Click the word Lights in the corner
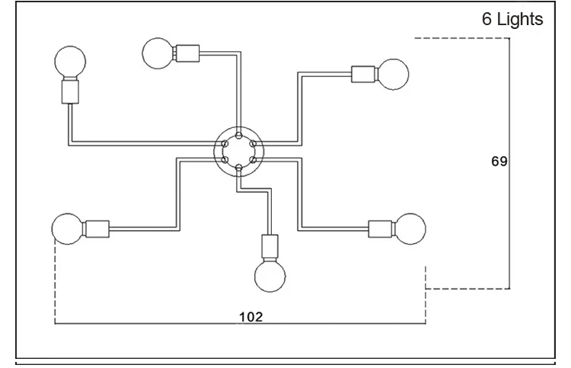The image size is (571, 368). (520, 19)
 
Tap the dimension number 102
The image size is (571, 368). (251, 317)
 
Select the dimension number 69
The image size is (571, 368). (499, 161)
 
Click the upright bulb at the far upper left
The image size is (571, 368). (70, 62)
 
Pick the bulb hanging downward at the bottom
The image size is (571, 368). (270, 276)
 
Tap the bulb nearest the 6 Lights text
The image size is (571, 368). (393, 75)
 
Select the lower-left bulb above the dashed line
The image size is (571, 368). (68, 229)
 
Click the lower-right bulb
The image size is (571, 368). (410, 229)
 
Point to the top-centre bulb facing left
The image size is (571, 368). (158, 53)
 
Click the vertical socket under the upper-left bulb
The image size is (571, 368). (70, 92)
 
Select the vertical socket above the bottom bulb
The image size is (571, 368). (270, 246)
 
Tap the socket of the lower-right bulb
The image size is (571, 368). (381, 229)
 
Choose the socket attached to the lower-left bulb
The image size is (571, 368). (97, 229)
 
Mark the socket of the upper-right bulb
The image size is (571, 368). (363, 75)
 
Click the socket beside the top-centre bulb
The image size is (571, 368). (187, 53)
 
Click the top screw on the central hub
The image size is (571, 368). (238, 135)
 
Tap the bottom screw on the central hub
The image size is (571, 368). (238, 168)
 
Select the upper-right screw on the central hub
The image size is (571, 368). (253, 143)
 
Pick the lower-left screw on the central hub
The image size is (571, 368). (225, 159)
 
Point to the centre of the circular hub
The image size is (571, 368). (238, 152)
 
